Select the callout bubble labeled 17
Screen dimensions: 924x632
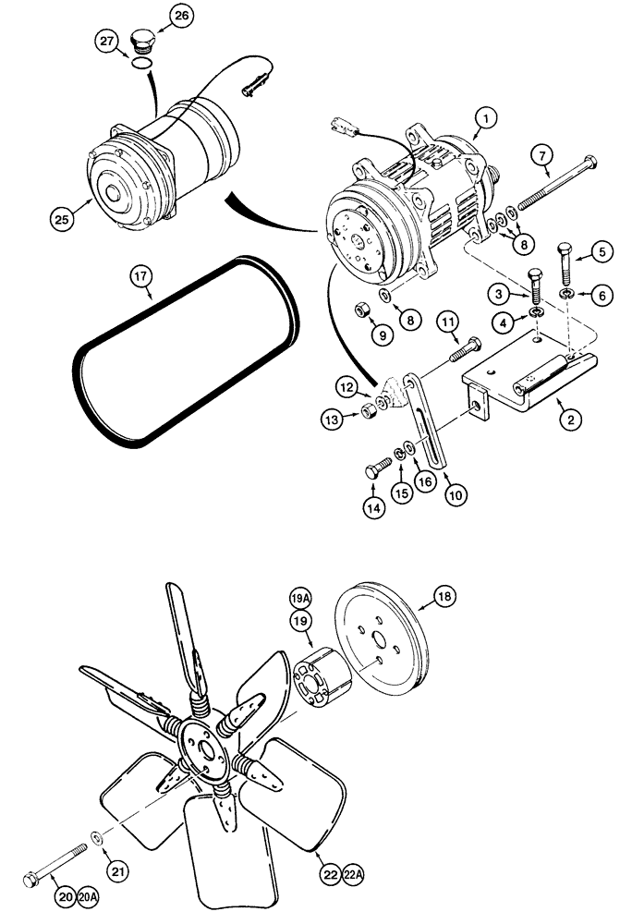click(x=140, y=275)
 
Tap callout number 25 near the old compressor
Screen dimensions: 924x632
click(x=62, y=221)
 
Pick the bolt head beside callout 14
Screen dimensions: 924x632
click(x=371, y=471)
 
